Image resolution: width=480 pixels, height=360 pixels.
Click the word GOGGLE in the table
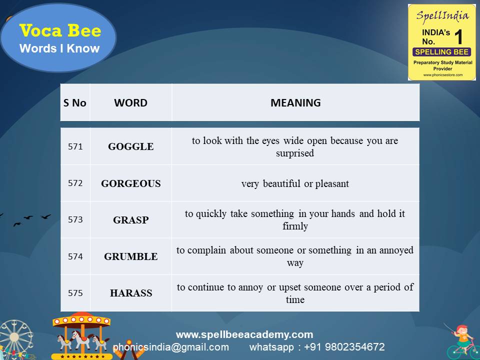[131, 147]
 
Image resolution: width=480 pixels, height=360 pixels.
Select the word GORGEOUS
[131, 183]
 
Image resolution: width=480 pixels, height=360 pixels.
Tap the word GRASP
[131, 220]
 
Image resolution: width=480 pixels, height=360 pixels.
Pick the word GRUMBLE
[131, 256]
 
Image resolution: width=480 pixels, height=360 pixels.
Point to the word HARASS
[131, 293]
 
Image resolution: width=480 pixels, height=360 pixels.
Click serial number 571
[75, 147]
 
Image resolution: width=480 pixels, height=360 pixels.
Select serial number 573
[75, 219]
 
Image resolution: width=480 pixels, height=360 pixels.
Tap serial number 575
[75, 293]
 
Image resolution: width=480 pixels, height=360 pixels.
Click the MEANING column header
[295, 103]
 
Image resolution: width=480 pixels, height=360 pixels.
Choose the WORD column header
[131, 103]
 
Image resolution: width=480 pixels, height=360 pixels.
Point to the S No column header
[75, 103]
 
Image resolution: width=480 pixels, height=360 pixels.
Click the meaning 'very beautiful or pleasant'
[295, 183]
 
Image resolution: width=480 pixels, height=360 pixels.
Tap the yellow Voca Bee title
[60, 31]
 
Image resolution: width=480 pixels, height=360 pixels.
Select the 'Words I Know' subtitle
[59, 48]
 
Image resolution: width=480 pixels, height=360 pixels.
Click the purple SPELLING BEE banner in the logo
[441, 52]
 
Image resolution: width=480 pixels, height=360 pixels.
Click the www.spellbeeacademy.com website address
[244, 334]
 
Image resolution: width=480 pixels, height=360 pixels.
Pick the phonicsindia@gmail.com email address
[171, 347]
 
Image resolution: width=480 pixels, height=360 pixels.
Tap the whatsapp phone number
[317, 347]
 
